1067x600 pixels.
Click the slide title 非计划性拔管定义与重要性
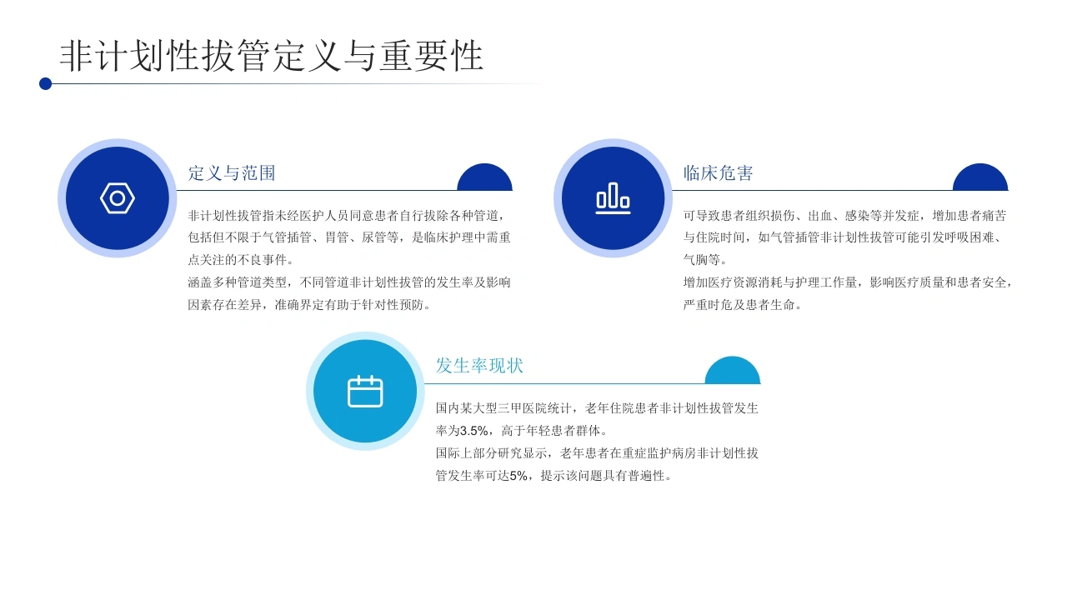(272, 56)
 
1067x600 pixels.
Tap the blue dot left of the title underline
(45, 84)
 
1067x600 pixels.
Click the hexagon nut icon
(118, 198)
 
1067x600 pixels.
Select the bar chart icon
(613, 198)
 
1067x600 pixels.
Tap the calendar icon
(365, 392)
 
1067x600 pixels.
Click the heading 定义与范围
(232, 172)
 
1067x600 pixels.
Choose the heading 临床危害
(718, 172)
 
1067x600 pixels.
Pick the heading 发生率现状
(479, 366)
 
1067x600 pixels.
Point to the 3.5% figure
(474, 431)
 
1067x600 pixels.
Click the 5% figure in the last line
(518, 476)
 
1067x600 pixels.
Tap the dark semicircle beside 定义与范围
(484, 177)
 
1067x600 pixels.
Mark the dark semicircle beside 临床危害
(980, 177)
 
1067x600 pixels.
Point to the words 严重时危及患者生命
(739, 305)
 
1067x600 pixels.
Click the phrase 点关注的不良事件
(238, 260)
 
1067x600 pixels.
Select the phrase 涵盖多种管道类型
(238, 282)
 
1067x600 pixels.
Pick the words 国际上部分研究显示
(491, 453)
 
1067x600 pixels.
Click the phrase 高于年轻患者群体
(551, 431)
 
